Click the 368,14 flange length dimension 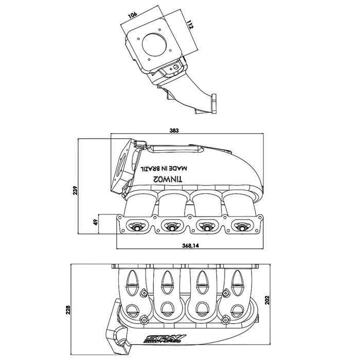point(191,246)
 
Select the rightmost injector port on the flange point(240,225)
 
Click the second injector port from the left point(172,225)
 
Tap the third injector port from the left point(206,225)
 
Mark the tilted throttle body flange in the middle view point(123,167)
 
